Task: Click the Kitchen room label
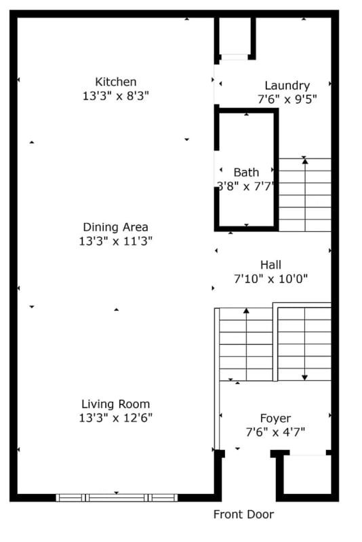tap(115, 82)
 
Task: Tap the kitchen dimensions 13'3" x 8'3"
tap(115, 96)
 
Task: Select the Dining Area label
tap(115, 227)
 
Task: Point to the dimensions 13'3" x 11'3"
tap(115, 241)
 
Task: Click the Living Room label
tap(115, 404)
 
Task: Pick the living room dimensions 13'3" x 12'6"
tap(115, 418)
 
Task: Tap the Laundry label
tap(287, 85)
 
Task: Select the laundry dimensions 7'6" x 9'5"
tap(287, 99)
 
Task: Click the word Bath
tap(246, 172)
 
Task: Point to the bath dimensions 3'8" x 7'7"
tap(245, 186)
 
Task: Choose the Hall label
tap(270, 265)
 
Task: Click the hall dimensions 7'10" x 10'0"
tap(270, 278)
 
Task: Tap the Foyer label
tap(275, 418)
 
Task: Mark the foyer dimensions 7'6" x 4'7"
tap(275, 432)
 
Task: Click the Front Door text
tap(243, 514)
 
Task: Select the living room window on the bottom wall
tap(117, 497)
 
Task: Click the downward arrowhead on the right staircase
tap(305, 376)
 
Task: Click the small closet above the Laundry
tap(235, 37)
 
